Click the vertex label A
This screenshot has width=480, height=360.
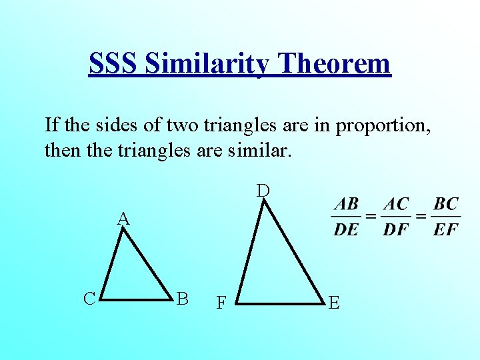(x=123, y=218)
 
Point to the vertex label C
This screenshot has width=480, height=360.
(x=90, y=298)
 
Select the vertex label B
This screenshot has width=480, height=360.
(x=181, y=298)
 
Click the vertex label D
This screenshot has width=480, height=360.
(x=264, y=191)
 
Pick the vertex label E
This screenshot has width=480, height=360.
(x=334, y=304)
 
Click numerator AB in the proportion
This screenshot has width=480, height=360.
(x=346, y=204)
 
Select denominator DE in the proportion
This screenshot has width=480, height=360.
(x=346, y=230)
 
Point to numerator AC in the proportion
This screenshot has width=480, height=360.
(x=396, y=204)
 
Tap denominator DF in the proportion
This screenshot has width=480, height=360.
(x=396, y=230)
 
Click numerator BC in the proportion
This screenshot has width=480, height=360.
(x=445, y=204)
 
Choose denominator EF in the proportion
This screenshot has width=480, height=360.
(x=445, y=230)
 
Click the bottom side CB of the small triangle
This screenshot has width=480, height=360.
(x=137, y=299)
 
